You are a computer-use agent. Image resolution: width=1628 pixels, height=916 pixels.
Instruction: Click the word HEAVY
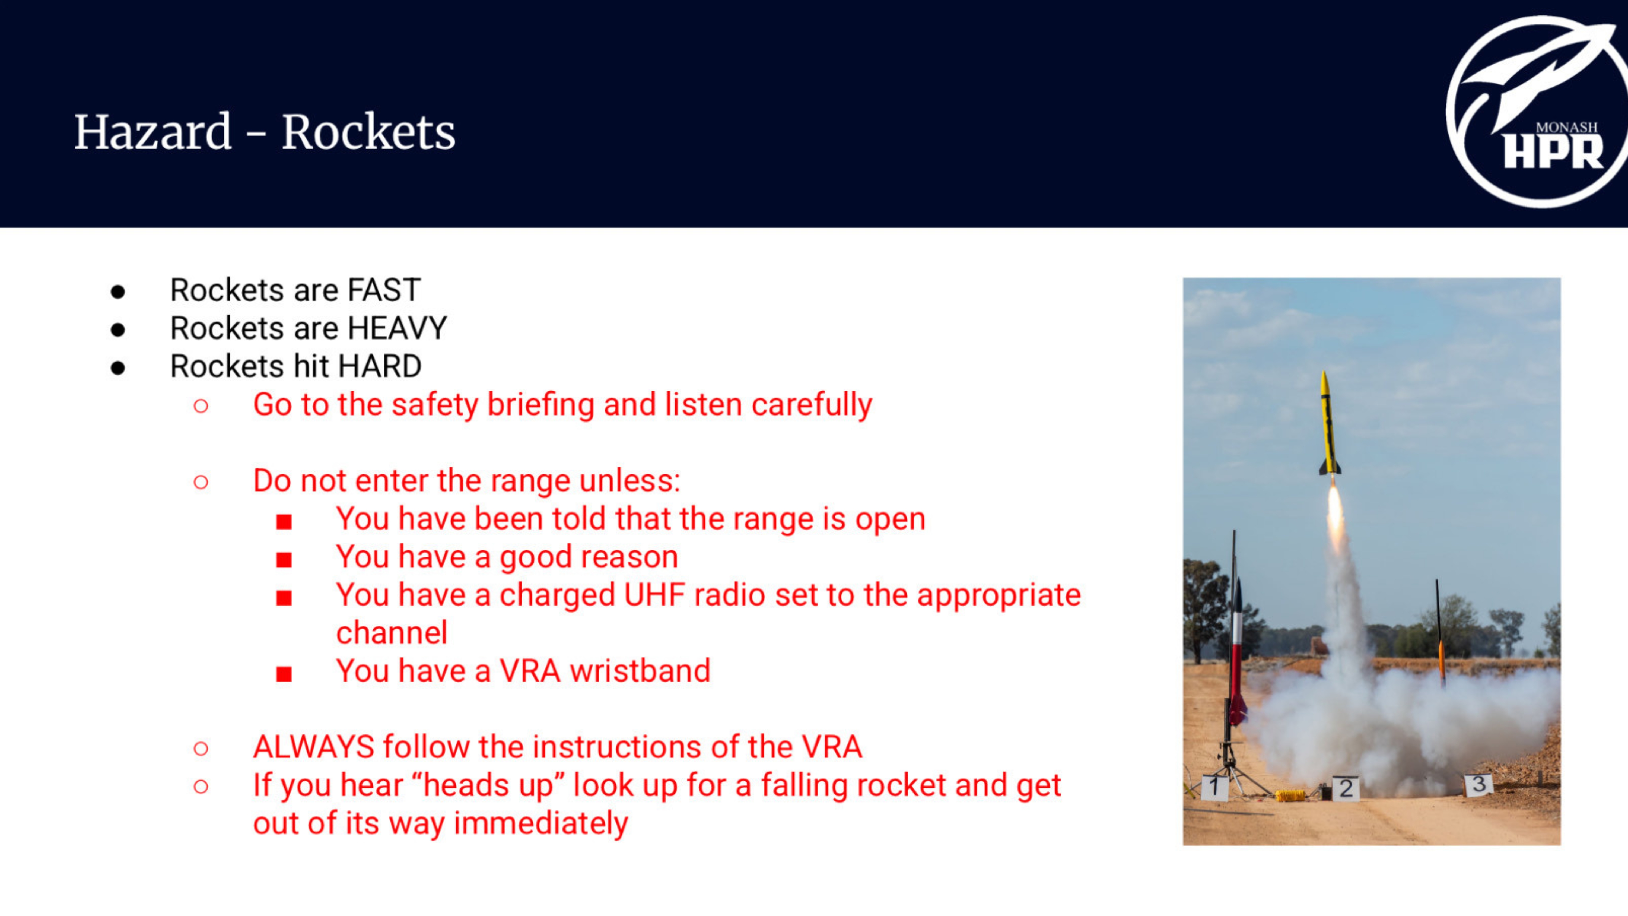(x=397, y=328)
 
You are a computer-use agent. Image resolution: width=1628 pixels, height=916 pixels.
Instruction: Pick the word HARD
(x=380, y=366)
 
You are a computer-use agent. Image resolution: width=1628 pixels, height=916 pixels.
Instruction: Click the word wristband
(x=640, y=671)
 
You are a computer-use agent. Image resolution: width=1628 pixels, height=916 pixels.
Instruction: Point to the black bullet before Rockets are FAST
(x=117, y=292)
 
